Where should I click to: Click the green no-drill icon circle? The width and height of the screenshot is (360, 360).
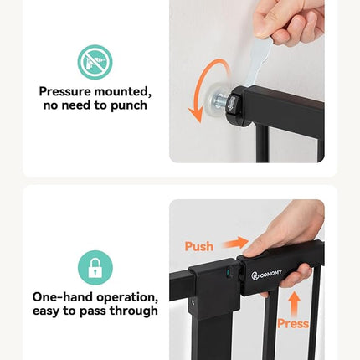point(95,63)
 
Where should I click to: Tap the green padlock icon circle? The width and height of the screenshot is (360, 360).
point(95,268)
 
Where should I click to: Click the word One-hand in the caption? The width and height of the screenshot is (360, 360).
point(64,297)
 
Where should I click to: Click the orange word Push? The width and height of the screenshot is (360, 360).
point(199,246)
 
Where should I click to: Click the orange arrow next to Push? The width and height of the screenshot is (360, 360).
point(236,242)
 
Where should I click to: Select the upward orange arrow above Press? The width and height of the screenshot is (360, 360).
point(293,301)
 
